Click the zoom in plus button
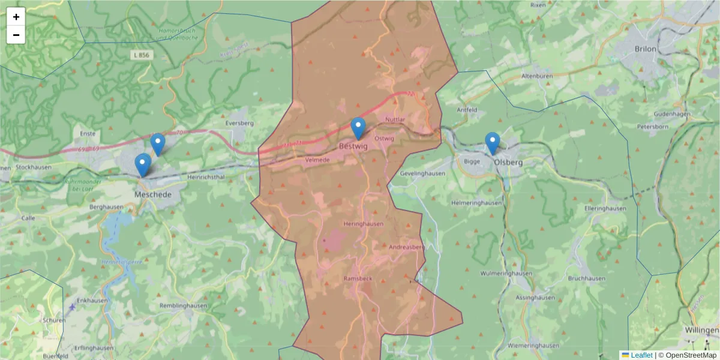click(16, 17)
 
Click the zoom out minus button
click(16, 35)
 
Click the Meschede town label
click(153, 195)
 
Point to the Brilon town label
click(646, 49)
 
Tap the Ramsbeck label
click(359, 279)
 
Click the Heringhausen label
click(363, 224)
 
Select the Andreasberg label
click(407, 247)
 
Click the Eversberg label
click(239, 123)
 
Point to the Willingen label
click(701, 331)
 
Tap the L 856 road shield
click(142, 55)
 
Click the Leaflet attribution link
click(641, 355)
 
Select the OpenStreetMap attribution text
click(691, 355)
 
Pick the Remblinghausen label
click(184, 305)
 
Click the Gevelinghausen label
click(422, 173)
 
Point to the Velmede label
click(318, 160)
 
